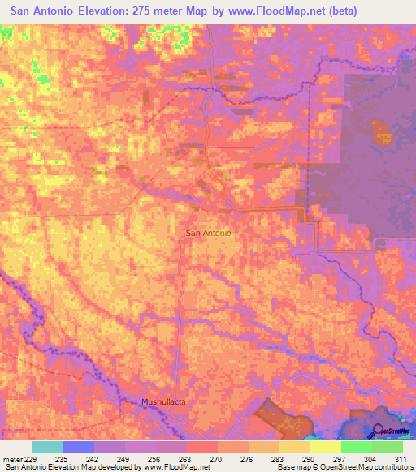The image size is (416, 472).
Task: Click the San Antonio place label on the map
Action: pos(210,233)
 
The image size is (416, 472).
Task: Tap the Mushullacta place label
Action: pos(163,401)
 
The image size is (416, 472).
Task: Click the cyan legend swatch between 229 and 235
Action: pos(48,447)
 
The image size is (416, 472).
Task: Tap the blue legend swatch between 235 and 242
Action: pos(79,447)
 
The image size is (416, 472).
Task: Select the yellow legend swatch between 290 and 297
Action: pos(325,447)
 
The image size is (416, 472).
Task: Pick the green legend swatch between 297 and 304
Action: pos(356,447)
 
